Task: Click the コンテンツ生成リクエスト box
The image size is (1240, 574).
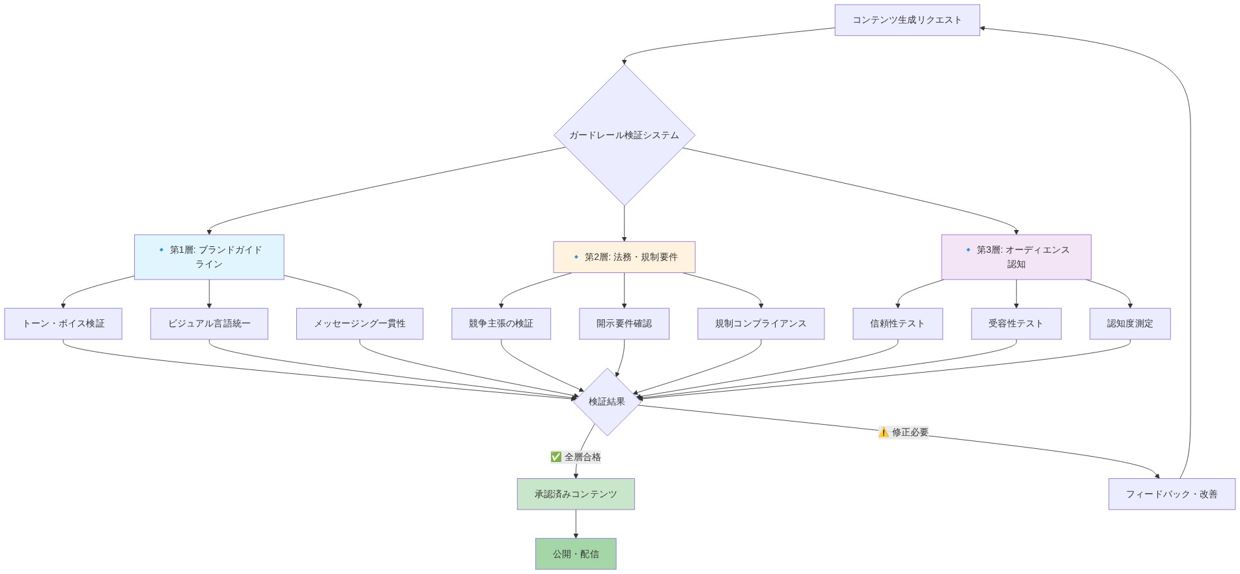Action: (x=907, y=20)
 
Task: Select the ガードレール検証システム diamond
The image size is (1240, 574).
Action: (x=624, y=136)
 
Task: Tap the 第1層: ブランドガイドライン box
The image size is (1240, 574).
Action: (x=209, y=257)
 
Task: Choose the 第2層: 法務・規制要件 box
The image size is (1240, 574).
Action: (x=624, y=257)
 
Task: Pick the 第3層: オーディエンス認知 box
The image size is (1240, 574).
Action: (x=1016, y=257)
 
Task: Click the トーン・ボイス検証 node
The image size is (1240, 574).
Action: (x=63, y=323)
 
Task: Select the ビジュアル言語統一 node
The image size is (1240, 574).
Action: (x=209, y=323)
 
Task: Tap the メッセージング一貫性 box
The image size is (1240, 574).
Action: (x=359, y=323)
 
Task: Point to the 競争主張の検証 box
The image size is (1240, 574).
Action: (x=501, y=323)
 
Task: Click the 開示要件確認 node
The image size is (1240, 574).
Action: (x=624, y=323)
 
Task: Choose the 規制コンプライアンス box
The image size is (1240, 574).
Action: (x=761, y=323)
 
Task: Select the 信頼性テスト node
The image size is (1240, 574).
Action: (x=897, y=323)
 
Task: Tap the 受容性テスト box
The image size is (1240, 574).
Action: (x=1016, y=323)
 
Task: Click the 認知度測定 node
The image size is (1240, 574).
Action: (x=1130, y=323)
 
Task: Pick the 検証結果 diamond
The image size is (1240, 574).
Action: (x=607, y=401)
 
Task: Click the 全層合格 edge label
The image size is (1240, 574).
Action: (x=576, y=457)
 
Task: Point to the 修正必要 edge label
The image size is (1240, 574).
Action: (x=903, y=432)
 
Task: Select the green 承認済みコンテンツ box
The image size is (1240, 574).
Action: (x=576, y=494)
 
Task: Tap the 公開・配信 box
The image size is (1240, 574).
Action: (x=576, y=554)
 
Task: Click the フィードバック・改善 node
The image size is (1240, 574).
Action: (x=1172, y=494)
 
